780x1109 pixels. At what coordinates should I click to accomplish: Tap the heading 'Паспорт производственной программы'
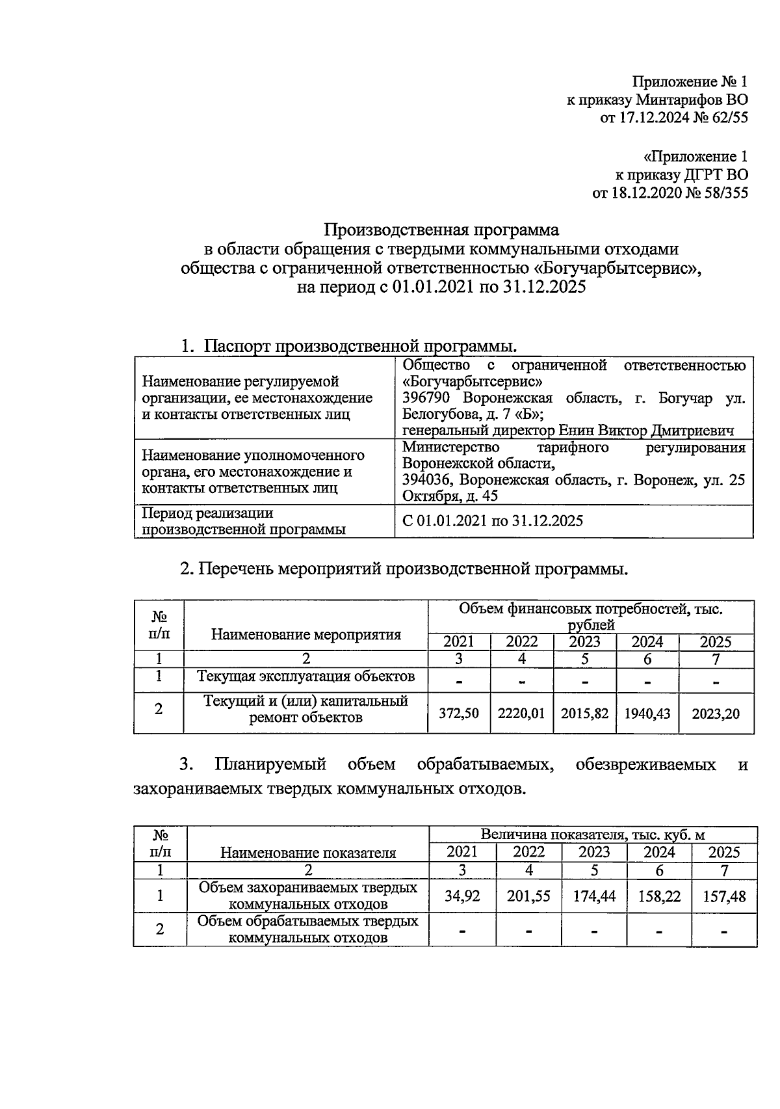(x=361, y=345)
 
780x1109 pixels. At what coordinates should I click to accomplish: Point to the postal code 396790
(x=426, y=398)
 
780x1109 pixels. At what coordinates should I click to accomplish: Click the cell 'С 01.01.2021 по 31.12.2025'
(x=493, y=521)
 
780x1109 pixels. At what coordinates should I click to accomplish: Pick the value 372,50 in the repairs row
(x=460, y=714)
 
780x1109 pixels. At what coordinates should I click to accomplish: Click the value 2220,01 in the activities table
(x=521, y=714)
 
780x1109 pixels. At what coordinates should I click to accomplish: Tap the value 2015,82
(x=584, y=714)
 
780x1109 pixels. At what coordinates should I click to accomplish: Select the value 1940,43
(x=647, y=714)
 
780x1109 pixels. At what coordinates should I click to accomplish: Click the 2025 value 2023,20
(x=715, y=714)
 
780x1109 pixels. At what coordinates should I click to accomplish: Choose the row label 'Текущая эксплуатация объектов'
(x=306, y=676)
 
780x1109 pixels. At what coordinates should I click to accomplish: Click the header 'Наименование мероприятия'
(x=306, y=634)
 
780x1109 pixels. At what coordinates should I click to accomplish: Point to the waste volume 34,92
(x=462, y=896)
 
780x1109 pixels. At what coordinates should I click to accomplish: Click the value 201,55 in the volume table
(x=528, y=896)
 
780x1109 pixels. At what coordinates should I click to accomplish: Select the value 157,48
(x=724, y=897)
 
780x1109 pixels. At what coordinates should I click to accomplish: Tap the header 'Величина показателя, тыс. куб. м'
(x=593, y=835)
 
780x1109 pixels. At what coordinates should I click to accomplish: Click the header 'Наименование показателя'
(x=308, y=853)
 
